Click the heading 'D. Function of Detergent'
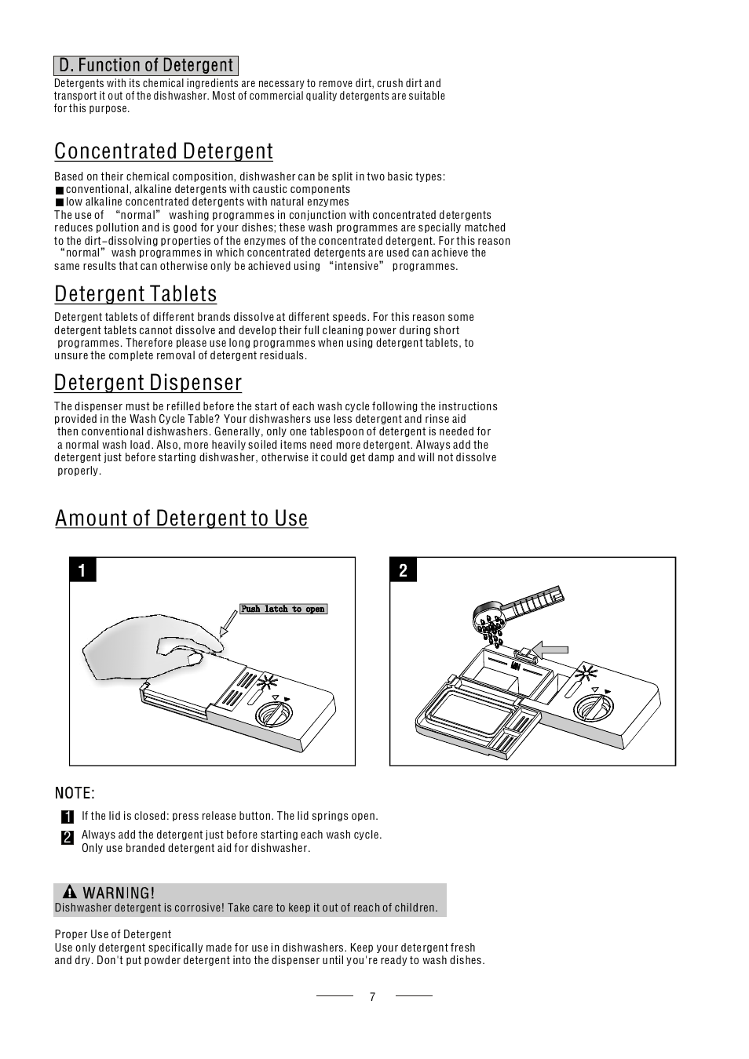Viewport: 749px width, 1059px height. click(x=146, y=65)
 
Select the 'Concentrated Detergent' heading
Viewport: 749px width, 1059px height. click(x=163, y=151)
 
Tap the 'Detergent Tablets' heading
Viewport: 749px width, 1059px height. click(x=135, y=293)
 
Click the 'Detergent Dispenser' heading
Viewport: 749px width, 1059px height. click(x=148, y=382)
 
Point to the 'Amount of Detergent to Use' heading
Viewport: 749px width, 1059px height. click(x=181, y=518)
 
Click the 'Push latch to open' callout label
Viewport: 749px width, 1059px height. click(x=283, y=609)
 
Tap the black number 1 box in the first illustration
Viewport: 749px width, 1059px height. click(x=82, y=570)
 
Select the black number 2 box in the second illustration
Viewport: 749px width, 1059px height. click(x=403, y=570)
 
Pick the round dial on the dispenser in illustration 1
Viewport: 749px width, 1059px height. click(x=274, y=715)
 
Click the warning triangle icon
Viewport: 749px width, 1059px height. click(x=70, y=892)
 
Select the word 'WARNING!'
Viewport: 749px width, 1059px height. click(x=119, y=893)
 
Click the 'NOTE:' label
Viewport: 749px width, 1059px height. click(x=75, y=793)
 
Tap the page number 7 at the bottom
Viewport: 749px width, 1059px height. click(x=372, y=997)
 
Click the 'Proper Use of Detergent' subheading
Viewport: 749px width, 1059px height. click(x=112, y=934)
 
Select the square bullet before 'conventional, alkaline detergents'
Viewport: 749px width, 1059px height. click(x=60, y=190)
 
